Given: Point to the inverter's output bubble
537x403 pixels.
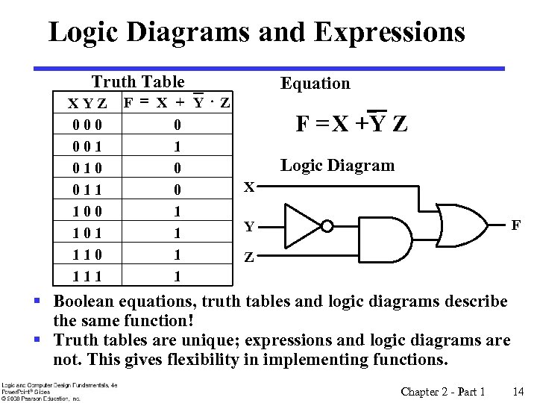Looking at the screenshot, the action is [325, 224].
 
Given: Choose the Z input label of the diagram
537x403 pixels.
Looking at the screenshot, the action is [250, 259].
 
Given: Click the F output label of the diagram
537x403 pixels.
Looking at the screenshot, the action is [515, 224].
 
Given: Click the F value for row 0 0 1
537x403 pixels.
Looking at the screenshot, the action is [177, 146].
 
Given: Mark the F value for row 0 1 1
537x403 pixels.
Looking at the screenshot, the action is [177, 190].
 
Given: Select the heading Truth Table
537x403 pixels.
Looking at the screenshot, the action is [138, 81].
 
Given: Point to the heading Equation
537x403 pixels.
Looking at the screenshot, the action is [315, 84].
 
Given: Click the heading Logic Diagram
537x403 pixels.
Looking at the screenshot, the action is [337, 166].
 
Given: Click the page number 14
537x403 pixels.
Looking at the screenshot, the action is [518, 392].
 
